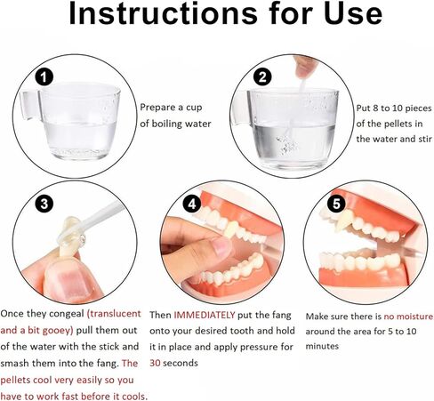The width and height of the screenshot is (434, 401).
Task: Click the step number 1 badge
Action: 44,77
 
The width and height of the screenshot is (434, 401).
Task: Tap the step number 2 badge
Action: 262,77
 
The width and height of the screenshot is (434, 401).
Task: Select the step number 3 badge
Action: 44,204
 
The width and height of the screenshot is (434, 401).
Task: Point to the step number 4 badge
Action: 192,204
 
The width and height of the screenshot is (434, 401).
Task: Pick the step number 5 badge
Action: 336,204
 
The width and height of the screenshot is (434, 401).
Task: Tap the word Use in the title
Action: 353,13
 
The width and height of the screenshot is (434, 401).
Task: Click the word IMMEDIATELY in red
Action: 205,315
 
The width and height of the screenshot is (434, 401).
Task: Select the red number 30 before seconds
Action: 155,363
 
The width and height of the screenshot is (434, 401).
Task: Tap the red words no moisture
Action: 408,317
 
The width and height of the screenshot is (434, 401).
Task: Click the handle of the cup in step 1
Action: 30,105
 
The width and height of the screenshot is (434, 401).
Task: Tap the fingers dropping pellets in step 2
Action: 305,67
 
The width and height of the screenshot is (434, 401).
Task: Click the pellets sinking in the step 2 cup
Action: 286,145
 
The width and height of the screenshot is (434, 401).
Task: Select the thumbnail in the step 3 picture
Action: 69,282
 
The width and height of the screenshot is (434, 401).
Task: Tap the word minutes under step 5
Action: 322,346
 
